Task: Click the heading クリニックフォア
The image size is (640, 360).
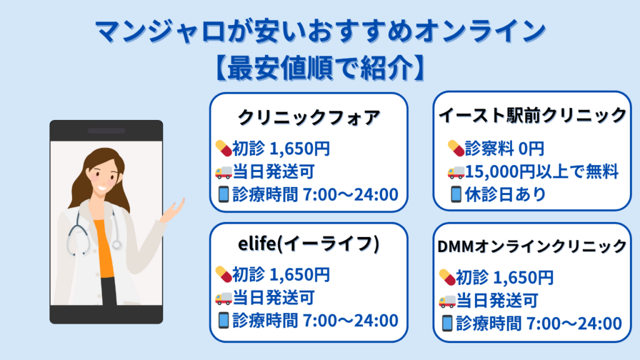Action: pos(309,117)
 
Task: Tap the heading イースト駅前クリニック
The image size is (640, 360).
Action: pos(532,115)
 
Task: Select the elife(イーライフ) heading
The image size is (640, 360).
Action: pos(309,244)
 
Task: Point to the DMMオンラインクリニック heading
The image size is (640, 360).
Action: pos(532,246)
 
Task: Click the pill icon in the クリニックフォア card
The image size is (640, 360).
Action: pos(224,148)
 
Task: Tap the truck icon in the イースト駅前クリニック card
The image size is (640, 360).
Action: pos(456,172)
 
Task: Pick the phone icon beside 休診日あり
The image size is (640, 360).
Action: pos(456,194)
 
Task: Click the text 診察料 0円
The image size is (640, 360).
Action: pos(504,148)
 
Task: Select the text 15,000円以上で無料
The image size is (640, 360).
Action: pos(541,171)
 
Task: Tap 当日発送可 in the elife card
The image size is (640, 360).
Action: pos(274,297)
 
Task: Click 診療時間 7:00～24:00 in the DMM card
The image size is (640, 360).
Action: pos(539,323)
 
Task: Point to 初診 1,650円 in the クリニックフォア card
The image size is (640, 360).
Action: pos(281,148)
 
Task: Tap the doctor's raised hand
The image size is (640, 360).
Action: pos(174,210)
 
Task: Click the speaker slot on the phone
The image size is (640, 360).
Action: pos(106,131)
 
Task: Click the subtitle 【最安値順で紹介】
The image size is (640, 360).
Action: pos(321,67)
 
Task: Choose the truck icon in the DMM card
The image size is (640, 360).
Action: pos(447,301)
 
